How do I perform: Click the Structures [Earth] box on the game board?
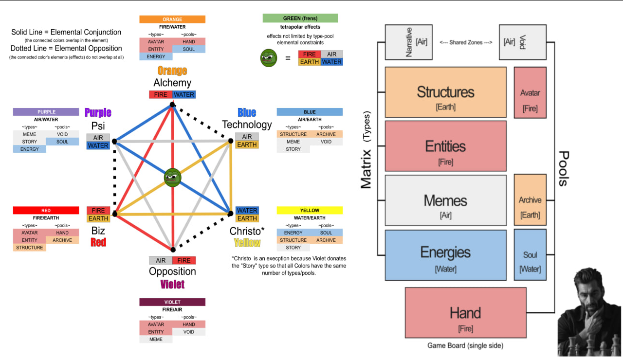[445, 92]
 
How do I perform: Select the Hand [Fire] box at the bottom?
[465, 313]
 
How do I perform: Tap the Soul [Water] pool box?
[530, 255]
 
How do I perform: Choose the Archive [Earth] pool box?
[530, 200]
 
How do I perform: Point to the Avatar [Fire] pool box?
[530, 93]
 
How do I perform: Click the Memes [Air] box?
[445, 200]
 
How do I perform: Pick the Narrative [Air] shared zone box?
[409, 42]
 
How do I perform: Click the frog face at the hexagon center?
[172, 178]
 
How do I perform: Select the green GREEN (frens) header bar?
[300, 18]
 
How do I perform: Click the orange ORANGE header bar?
[172, 19]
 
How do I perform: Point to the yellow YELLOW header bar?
[310, 211]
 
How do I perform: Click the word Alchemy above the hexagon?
[172, 83]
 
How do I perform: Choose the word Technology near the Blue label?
[247, 125]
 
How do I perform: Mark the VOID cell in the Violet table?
[189, 332]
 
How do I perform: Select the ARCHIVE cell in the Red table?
[62, 240]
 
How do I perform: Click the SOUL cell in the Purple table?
[62, 142]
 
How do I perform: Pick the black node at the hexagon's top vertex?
[172, 105]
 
